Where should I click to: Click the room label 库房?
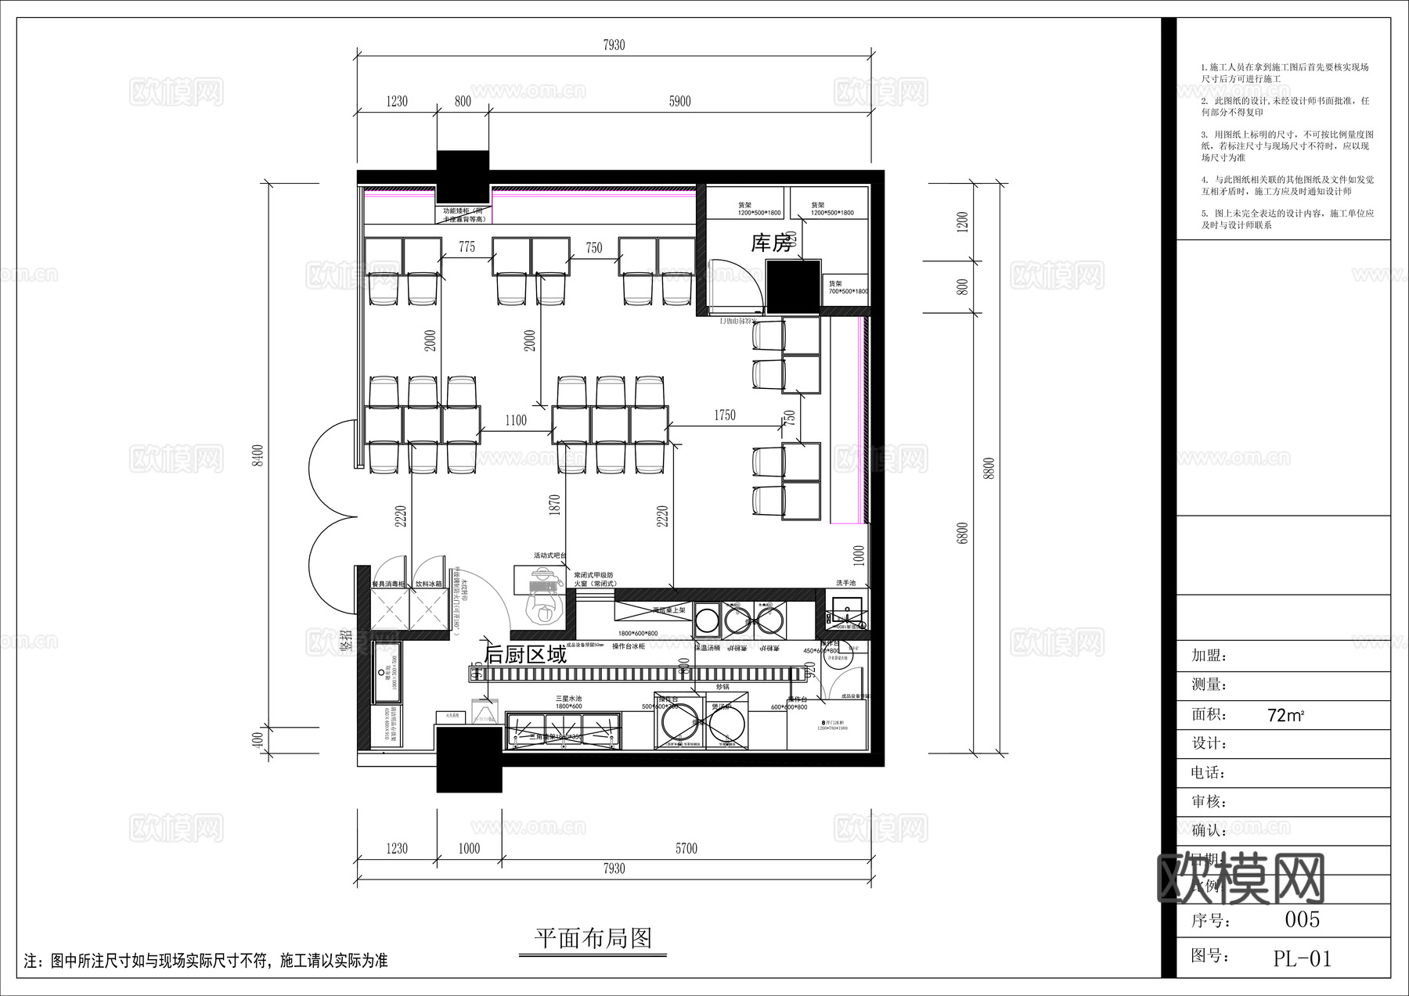coord(771,243)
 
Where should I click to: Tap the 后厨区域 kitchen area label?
coord(525,655)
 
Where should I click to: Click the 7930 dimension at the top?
coord(614,45)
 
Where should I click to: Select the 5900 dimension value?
coord(679,101)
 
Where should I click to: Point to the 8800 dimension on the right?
coord(989,468)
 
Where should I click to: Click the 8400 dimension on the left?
coord(258,455)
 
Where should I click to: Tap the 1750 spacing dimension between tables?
coord(724,415)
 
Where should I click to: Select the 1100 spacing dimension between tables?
coord(515,421)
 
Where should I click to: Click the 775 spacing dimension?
coord(467,246)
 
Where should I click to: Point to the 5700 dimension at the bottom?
coord(686,849)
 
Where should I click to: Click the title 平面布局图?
coord(593,938)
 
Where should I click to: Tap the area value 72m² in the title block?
coord(1285,715)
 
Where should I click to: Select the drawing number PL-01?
coord(1302,958)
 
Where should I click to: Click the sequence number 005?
coord(1302,919)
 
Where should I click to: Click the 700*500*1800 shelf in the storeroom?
coord(847,287)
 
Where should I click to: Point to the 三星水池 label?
coord(568,698)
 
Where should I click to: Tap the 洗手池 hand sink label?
coord(845,583)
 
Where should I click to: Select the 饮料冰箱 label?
coord(428,584)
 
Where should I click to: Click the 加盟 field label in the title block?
coord(1209,656)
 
